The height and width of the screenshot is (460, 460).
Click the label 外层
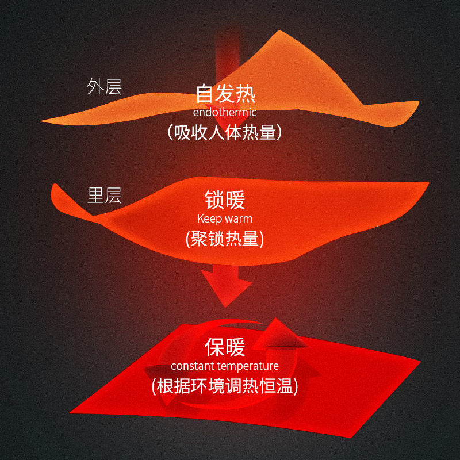(x=104, y=87)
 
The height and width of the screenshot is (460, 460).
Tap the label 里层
(x=104, y=195)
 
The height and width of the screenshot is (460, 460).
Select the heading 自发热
(x=225, y=94)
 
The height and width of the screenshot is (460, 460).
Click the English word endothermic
(x=225, y=112)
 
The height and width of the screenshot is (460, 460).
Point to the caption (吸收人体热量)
(x=225, y=132)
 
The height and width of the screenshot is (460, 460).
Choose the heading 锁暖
(x=225, y=200)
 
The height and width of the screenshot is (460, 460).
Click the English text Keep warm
(x=224, y=218)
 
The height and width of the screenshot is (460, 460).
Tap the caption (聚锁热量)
(x=225, y=238)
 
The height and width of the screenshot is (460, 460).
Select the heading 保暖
(x=225, y=347)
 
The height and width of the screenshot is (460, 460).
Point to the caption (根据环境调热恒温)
(x=225, y=386)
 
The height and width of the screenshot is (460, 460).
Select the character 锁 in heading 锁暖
(x=214, y=200)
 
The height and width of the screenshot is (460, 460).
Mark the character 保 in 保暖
(x=214, y=347)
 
